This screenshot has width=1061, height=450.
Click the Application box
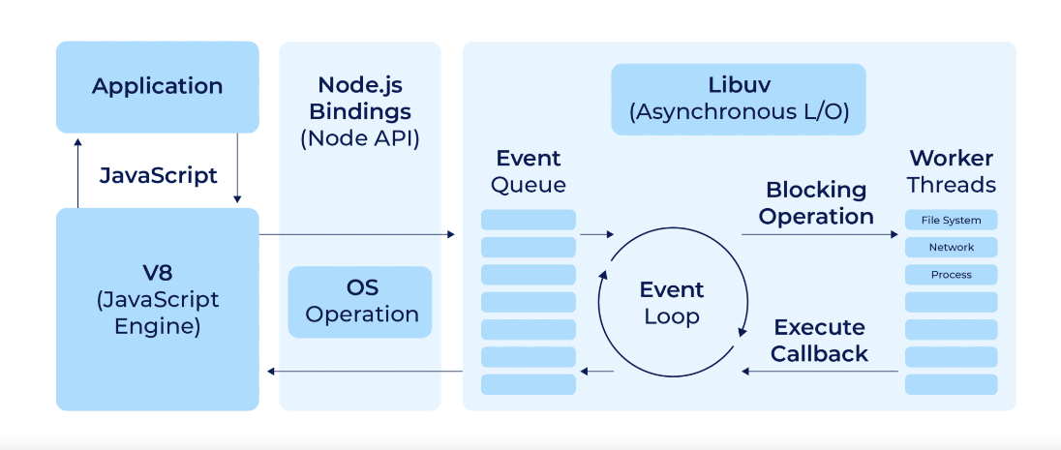(158, 86)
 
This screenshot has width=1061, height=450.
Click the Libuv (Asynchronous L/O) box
(739, 98)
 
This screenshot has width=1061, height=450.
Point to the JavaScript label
(158, 176)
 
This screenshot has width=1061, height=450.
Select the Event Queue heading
(529, 171)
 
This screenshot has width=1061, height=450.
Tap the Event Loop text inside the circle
(672, 303)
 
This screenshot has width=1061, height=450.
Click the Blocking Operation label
(816, 203)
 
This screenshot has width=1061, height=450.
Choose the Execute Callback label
(819, 341)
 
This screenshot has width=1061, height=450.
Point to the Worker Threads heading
(952, 171)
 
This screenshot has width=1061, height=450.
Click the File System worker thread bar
(951, 221)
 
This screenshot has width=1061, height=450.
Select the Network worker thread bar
(951, 248)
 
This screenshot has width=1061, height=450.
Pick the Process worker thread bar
(951, 275)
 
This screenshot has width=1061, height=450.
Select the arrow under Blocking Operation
(819, 234)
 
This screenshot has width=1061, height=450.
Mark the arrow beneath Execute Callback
(819, 372)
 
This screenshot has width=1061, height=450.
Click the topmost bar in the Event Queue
(529, 220)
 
